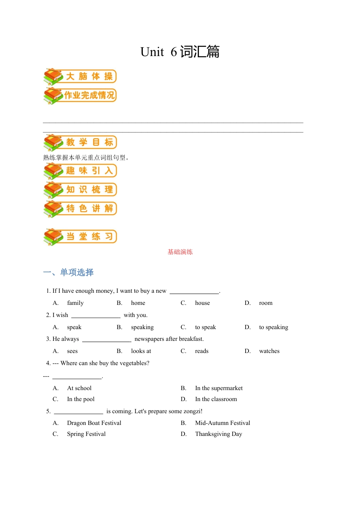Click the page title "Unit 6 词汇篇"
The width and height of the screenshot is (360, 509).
pos(180,52)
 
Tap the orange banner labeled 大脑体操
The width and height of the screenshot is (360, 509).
pos(80,77)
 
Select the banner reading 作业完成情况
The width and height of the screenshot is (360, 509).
pos(80,95)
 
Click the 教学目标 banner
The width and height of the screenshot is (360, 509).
pos(80,142)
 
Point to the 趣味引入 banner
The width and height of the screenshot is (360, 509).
pos(80,171)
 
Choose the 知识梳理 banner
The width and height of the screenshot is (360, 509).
pos(80,190)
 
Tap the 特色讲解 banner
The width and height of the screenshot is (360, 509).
pos(80,209)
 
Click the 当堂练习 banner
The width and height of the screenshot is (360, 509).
pos(80,237)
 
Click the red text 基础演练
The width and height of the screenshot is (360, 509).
pos(180,252)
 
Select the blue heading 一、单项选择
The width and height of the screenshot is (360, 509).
pos(69,272)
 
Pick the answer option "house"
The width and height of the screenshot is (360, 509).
pos(202,303)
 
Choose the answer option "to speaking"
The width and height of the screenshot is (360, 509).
pos(274,327)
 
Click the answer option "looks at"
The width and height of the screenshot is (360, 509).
pos(141,351)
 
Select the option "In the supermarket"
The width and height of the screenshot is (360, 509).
pos(219,388)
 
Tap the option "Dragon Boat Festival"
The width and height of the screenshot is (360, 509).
pos(94,423)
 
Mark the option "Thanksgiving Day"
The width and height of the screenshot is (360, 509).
pos(218,434)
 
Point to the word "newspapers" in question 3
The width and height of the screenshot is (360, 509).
pos(149,339)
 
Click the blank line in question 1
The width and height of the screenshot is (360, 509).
pos(194,291)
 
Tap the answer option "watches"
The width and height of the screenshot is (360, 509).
pos(269,351)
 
